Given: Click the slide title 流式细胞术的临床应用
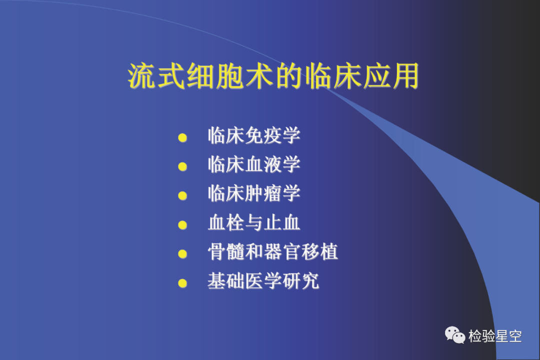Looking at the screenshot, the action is tap(273, 76).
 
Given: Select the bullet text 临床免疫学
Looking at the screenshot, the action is tap(254, 135).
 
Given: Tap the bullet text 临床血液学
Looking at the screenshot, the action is tap(254, 164).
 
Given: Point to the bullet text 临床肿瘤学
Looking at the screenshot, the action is tap(254, 193).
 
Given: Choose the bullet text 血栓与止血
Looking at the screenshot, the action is tap(254, 222).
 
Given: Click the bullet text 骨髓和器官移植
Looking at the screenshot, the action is tap(273, 251).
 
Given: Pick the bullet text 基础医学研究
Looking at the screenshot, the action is tap(263, 281).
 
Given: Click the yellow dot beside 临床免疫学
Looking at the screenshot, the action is tap(182, 138).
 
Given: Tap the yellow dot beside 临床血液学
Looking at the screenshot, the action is tap(182, 166).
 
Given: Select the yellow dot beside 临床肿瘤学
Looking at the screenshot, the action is tap(182, 195).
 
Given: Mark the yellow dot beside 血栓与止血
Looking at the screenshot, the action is tap(182, 225).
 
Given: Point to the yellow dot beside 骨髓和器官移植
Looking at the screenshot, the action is tap(182, 254).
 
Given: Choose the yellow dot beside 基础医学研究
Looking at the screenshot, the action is tap(182, 283).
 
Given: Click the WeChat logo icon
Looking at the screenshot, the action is tap(455, 335).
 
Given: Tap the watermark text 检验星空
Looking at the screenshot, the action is tap(495, 336).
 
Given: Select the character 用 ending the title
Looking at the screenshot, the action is tap(405, 76).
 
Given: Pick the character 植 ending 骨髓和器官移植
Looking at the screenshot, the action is tap(329, 251).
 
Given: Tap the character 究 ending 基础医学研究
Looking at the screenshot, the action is tap(310, 281).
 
